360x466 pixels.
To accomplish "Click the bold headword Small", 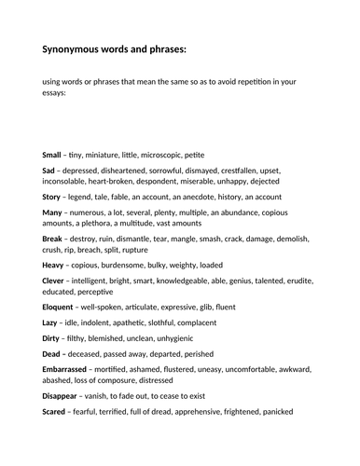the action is click(x=52, y=154).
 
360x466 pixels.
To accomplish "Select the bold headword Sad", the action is click(x=50, y=172).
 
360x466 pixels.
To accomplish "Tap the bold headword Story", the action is click(x=53, y=202).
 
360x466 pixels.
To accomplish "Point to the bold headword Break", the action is click(x=54, y=252).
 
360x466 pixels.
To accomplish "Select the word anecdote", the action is click(x=211, y=202).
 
